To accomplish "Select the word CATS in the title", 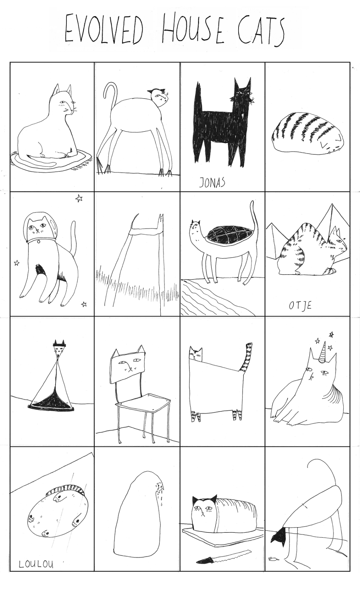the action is pos(261,31).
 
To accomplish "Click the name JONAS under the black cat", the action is pos(212,182).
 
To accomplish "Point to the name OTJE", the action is pos(300,305).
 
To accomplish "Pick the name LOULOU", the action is pos(36,564).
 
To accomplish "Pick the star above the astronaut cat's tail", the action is pos(79,198).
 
